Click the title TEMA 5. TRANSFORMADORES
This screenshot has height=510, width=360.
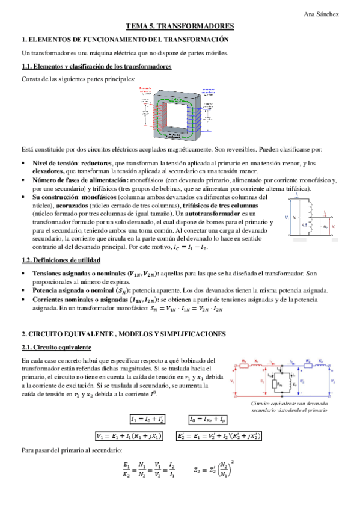pyautogui.click(x=179, y=26)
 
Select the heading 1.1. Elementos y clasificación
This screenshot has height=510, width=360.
pyautogui.click(x=96, y=66)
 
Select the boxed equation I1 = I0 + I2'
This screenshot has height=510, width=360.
pyautogui.click(x=149, y=419)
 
